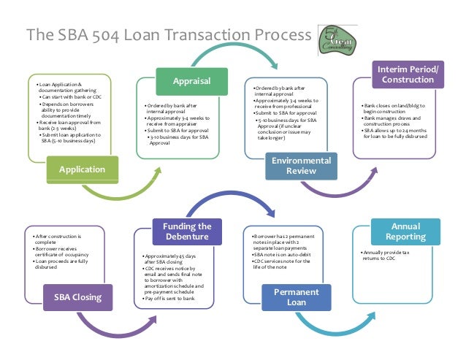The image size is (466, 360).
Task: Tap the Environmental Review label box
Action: coord(301,166)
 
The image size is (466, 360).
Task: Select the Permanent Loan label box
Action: coord(296,297)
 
